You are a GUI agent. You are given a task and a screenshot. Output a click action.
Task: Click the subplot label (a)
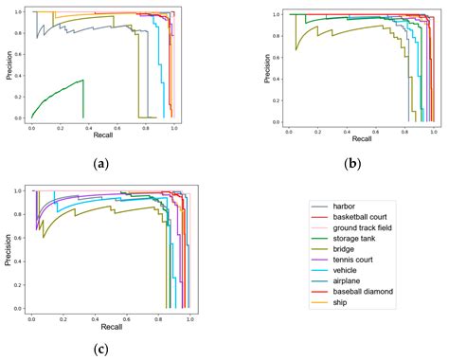(x=102, y=164)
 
